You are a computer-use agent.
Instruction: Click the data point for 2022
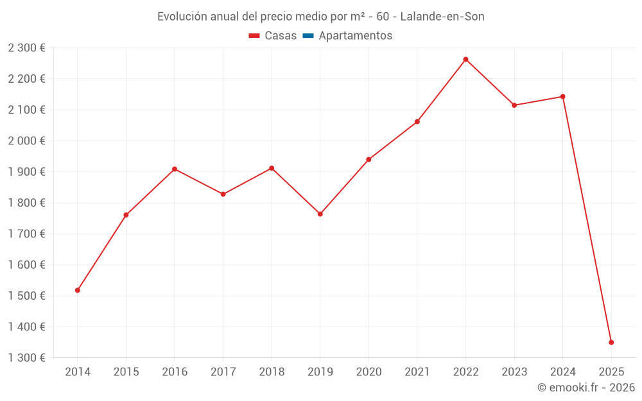click(465, 60)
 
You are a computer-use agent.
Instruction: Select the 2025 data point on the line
click(611, 343)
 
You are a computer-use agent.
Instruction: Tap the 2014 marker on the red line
click(78, 291)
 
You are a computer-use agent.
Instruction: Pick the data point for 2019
click(320, 214)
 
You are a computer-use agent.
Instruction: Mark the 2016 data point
click(175, 169)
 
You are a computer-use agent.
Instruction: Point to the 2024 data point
click(563, 97)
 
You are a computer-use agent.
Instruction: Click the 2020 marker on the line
click(369, 160)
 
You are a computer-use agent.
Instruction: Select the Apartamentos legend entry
click(355, 36)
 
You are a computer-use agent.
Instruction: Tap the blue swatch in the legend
click(308, 36)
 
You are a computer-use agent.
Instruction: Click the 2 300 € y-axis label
click(26, 48)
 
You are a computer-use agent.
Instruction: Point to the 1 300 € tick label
click(26, 358)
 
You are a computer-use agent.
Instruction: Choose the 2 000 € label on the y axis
click(26, 141)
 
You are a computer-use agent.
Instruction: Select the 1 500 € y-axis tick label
click(26, 296)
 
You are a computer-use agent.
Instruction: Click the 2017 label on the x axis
click(223, 372)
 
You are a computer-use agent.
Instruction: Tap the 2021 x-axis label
click(417, 372)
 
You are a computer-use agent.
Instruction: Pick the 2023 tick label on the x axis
click(514, 372)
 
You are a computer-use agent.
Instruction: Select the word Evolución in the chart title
click(182, 17)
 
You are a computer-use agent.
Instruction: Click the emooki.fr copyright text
click(586, 388)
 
